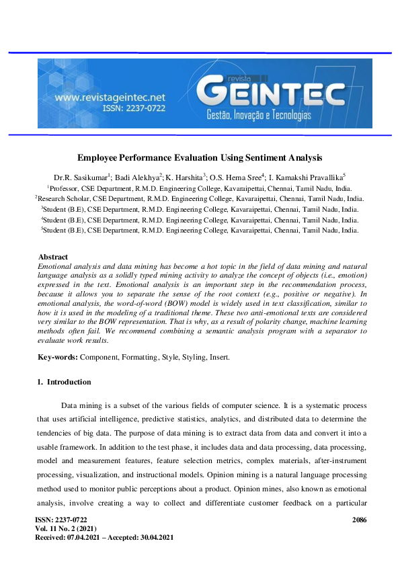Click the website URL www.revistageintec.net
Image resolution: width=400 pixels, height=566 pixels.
click(x=110, y=97)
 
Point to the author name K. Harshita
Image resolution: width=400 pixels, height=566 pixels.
click(x=185, y=177)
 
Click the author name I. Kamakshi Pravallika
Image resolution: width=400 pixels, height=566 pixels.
click(x=307, y=177)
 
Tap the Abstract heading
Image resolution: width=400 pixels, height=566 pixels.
click(x=53, y=257)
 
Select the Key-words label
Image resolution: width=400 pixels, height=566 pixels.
click(x=58, y=357)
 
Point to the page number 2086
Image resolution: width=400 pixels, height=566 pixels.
click(x=359, y=520)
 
